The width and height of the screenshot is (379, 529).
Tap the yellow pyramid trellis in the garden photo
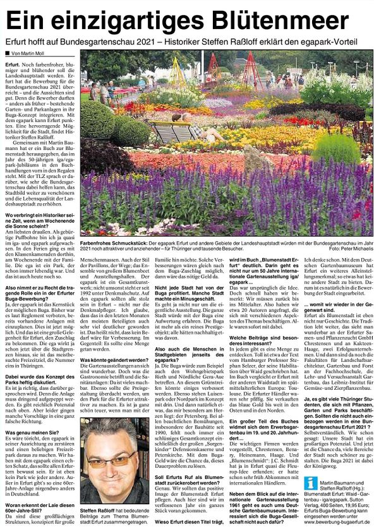[x=177, y=71]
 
